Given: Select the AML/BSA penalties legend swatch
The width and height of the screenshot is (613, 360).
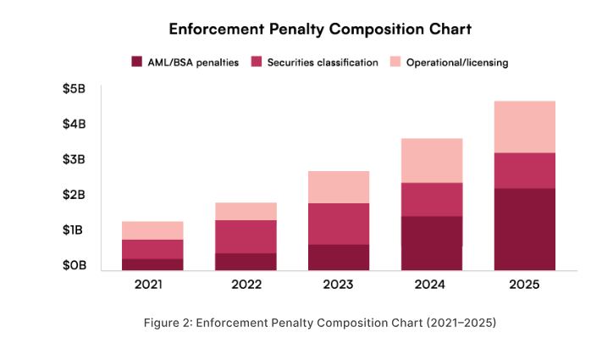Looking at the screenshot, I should point(136,62).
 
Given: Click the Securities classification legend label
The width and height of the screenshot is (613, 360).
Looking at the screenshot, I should point(322,62).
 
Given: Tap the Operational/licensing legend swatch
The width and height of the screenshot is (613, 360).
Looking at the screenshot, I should point(395,62).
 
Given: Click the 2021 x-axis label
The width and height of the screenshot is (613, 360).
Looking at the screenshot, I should point(152,284).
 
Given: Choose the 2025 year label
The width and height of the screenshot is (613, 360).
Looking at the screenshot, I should point(524,284).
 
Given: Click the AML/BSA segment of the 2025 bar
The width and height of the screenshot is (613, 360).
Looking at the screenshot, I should point(524,229).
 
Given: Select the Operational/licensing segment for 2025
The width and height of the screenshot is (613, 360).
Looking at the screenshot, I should point(524,127).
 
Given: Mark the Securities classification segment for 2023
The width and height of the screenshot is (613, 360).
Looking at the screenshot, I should point(338,224).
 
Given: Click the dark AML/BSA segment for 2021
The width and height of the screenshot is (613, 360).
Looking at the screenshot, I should point(152,264).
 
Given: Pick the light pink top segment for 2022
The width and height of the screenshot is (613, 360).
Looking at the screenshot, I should point(246,211).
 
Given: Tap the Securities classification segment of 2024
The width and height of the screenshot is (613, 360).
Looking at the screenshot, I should point(431,199).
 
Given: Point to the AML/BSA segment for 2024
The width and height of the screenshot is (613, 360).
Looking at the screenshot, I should point(431,243).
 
